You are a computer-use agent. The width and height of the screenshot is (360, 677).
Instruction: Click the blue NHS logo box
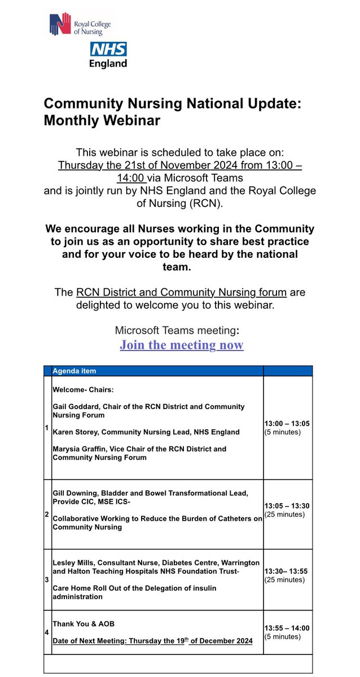(108, 49)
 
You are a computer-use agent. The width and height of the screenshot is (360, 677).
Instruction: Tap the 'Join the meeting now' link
(181, 345)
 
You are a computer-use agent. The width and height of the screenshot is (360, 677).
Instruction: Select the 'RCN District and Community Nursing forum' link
(181, 292)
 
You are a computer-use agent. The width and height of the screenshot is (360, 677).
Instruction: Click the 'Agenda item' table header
(74, 371)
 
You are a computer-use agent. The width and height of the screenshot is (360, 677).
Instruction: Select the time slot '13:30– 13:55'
(286, 571)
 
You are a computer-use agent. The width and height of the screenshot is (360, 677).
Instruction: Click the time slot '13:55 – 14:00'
(287, 628)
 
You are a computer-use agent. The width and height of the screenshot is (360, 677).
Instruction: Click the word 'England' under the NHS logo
(108, 63)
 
